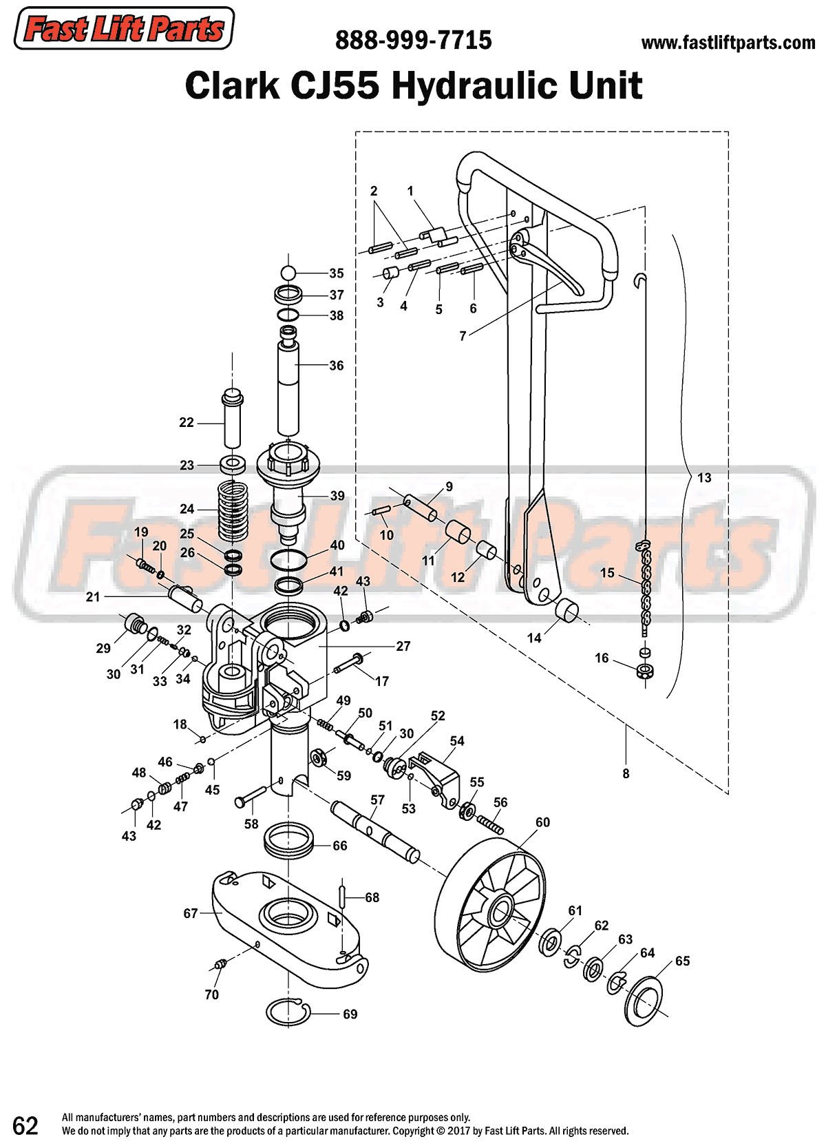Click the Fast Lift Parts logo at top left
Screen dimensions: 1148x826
tap(124, 29)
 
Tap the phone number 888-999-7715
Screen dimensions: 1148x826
tap(413, 41)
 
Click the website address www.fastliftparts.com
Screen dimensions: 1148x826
tap(728, 43)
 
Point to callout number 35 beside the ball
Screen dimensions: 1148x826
tap(336, 273)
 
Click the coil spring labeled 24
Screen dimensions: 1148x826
tap(232, 510)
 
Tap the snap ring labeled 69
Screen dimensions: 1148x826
tap(288, 1012)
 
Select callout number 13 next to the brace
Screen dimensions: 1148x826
tap(704, 478)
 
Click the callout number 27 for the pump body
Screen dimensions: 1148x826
tap(403, 646)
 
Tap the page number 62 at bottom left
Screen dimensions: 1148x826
tap(25, 1126)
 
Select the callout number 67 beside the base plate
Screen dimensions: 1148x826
tap(191, 913)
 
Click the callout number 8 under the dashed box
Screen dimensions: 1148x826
tap(626, 773)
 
